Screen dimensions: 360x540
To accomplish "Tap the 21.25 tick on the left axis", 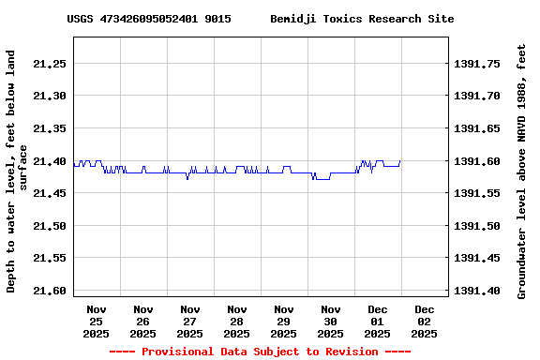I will tap(48, 64).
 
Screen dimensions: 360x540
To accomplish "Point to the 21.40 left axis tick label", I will tap(48, 161).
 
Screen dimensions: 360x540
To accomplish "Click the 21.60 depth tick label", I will tap(48, 291).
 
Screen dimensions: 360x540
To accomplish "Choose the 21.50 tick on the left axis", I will tap(48, 226).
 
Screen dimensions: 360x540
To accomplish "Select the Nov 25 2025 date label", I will tap(96, 321).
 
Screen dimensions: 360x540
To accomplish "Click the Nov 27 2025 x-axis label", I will tap(189, 321).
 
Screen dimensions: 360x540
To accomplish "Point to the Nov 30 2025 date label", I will tap(330, 321).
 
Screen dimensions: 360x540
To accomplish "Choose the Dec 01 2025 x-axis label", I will tap(377, 321).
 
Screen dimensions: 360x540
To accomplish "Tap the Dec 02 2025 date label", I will tap(424, 321).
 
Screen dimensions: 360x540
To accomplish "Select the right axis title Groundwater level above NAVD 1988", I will tap(522, 171).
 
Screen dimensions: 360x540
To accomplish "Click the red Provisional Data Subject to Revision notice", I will tap(260, 352).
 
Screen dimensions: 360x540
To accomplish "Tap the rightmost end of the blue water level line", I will tap(400, 161).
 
